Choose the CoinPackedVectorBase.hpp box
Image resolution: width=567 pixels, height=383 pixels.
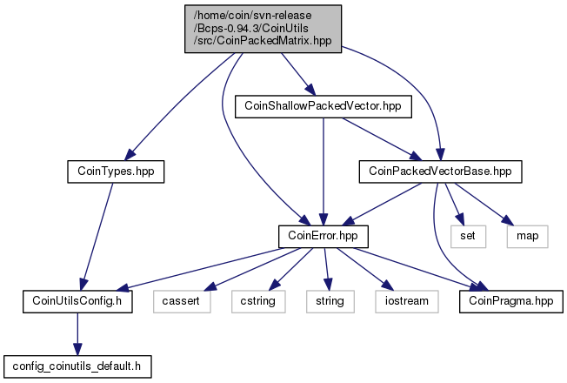click(x=440, y=171)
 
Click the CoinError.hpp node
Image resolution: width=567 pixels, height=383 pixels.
click(x=324, y=236)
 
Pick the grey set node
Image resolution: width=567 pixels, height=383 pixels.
click(x=466, y=236)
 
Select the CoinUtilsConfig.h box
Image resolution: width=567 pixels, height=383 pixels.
click(x=77, y=301)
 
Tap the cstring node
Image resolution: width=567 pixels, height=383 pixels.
click(x=254, y=301)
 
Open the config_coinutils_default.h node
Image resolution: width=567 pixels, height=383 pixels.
click(x=77, y=366)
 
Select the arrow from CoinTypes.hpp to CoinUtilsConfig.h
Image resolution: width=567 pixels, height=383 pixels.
click(x=97, y=235)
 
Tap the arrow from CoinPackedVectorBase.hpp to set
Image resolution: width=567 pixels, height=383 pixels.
click(x=453, y=204)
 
